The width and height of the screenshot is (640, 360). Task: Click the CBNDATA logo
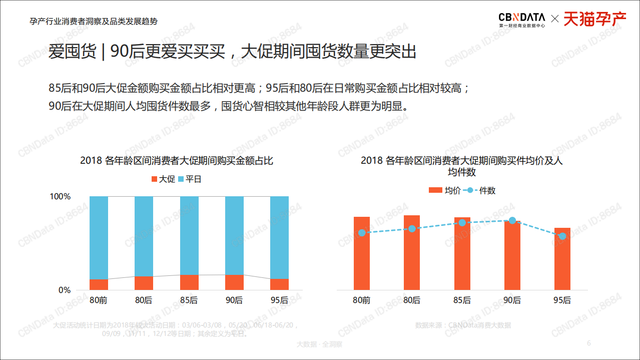(x=522, y=19)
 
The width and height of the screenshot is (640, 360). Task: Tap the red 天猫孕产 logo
(x=595, y=19)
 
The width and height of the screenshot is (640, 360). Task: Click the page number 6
(x=589, y=343)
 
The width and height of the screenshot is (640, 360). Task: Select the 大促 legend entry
(x=163, y=179)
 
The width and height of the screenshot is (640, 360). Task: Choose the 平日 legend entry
(x=189, y=179)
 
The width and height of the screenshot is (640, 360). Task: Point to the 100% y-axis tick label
(x=60, y=196)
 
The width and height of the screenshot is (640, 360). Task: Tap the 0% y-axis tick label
(x=65, y=290)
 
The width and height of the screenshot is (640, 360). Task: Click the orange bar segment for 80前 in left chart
(x=99, y=284)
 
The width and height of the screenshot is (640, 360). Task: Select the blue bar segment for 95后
(x=279, y=237)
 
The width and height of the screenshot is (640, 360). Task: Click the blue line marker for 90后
(x=512, y=220)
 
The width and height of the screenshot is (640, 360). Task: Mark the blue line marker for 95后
(x=562, y=236)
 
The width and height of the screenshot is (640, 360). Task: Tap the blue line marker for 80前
(x=362, y=232)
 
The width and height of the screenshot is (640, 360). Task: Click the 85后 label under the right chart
(x=462, y=300)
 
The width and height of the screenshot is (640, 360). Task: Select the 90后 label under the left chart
(x=234, y=300)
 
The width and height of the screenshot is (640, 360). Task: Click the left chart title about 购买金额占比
(x=177, y=161)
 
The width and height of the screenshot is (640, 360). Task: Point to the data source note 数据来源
(x=463, y=325)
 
